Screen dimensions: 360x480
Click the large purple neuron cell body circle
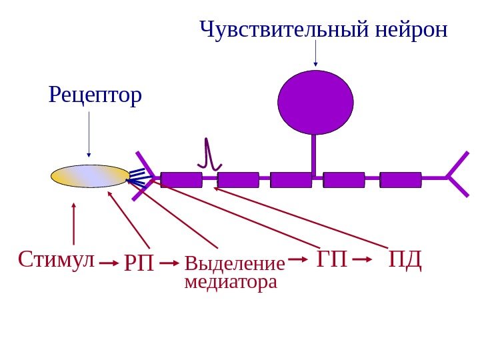(315, 102)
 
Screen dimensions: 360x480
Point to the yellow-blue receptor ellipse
(91, 176)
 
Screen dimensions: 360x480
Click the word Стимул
(57, 259)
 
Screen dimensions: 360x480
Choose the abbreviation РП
(139, 263)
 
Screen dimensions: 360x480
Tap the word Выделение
(234, 263)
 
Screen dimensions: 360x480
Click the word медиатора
(230, 282)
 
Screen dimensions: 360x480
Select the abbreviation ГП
(333, 259)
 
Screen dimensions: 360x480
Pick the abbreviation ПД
(406, 259)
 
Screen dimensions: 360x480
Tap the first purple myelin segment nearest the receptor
(181, 179)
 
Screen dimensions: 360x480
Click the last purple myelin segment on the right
(401, 179)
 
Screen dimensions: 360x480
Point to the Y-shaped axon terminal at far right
(457, 177)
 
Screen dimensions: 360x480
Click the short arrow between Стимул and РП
(109, 264)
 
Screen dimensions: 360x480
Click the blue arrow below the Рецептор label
(89, 133)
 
